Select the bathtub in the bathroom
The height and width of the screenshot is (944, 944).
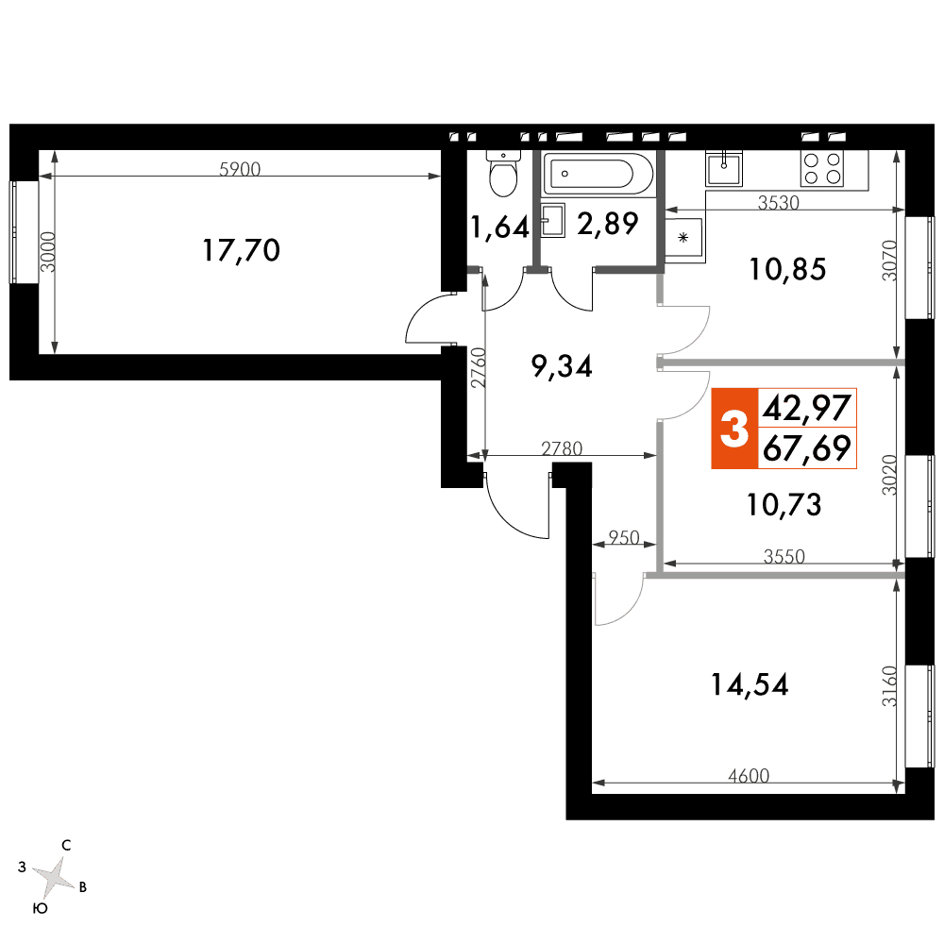tap(598, 174)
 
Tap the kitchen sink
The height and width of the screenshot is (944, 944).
tap(724, 168)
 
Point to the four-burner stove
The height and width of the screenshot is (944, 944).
tap(822, 169)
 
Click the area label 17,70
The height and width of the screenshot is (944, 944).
tap(241, 250)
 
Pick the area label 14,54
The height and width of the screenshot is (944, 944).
tap(750, 684)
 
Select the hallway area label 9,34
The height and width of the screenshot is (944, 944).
tap(563, 366)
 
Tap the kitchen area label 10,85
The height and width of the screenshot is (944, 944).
tap(787, 269)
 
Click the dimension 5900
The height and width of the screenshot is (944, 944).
tap(240, 169)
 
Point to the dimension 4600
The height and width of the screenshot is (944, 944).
tap(749, 775)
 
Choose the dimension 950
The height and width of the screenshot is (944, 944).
tap(624, 537)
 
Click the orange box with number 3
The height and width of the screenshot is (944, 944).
tap(734, 429)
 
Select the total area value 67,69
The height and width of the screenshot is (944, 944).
tap(807, 447)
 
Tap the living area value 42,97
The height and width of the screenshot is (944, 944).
tap(807, 408)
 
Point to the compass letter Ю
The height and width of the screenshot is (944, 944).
tap(40, 908)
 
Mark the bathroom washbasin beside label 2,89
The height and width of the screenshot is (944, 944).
tap(552, 220)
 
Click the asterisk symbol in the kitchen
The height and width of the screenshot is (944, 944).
tap(683, 237)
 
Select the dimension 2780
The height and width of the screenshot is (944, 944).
tap(562, 448)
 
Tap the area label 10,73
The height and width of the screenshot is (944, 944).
tap(784, 504)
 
